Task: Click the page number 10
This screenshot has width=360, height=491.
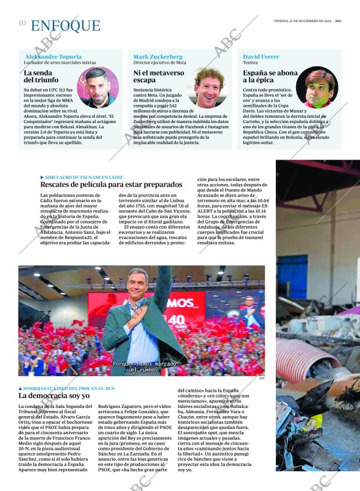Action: [22, 23]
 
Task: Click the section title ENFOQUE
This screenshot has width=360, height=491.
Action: [66, 26]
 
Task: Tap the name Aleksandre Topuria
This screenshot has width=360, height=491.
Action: [53, 57]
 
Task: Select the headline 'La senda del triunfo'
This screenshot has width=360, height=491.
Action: [41, 77]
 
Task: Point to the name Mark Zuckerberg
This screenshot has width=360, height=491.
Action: [158, 57]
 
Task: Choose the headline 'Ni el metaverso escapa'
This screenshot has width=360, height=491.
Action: [159, 77]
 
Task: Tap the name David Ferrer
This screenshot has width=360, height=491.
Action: [261, 57]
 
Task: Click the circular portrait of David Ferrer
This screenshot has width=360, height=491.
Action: [316, 88]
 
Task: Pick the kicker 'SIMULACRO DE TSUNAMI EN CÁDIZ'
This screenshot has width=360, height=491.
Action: [83, 177]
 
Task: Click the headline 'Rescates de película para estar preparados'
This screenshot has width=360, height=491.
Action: [111, 185]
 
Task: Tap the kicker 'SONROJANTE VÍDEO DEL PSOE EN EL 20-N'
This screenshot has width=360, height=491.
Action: [69, 388]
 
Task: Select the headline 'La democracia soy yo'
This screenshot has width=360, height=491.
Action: [54, 396]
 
